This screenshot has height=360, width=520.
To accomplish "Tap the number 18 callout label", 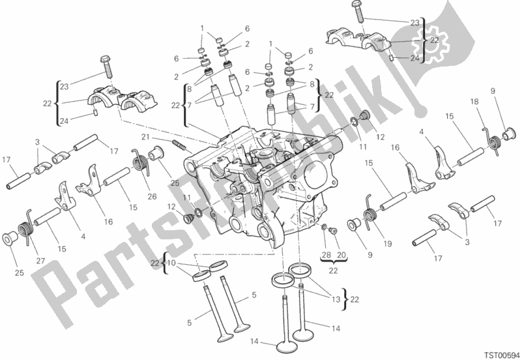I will tap(474, 102).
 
